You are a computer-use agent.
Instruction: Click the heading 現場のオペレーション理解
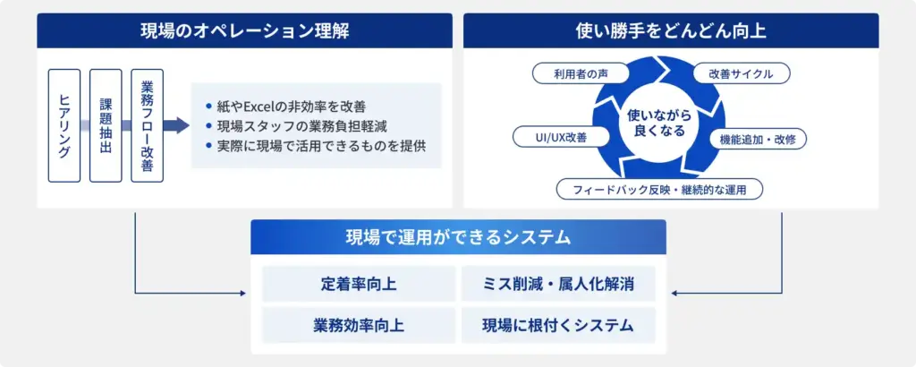click(x=232, y=31)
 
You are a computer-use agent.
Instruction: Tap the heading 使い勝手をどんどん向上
click(x=671, y=31)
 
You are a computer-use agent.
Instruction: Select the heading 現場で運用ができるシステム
click(x=458, y=237)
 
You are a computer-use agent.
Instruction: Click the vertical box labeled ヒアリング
click(x=64, y=125)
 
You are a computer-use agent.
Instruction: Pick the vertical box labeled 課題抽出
click(x=106, y=125)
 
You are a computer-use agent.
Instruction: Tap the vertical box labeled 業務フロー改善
click(x=147, y=125)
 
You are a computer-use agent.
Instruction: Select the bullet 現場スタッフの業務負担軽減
click(x=301, y=125)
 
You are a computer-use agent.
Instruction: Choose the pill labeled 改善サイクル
click(x=741, y=73)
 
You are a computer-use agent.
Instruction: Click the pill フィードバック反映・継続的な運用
click(x=659, y=189)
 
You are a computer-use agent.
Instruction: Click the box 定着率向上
click(x=359, y=284)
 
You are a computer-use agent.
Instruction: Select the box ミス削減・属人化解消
click(x=558, y=284)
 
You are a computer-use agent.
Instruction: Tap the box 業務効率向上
click(x=359, y=325)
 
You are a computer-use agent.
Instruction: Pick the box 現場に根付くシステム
click(x=558, y=325)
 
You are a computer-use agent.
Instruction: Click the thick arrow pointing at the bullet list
click(x=177, y=125)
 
